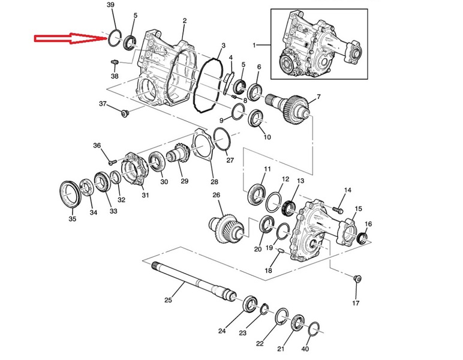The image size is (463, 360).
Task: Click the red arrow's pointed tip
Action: point(107,38)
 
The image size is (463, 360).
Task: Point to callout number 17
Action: point(356,303)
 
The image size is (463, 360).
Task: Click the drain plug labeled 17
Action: point(357,278)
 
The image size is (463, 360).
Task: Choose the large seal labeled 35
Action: point(70,194)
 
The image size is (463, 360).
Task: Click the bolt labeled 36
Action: point(112,162)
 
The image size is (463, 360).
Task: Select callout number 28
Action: point(214,181)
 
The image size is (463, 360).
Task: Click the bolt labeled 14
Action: point(338,210)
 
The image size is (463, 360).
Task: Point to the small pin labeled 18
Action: point(281,251)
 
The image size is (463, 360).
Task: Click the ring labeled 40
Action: point(314,329)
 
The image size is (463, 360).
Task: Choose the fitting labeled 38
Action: point(115,62)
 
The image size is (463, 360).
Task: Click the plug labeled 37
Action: point(124,113)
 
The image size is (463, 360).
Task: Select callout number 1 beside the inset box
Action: point(254,45)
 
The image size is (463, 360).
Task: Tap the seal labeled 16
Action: point(362,238)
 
